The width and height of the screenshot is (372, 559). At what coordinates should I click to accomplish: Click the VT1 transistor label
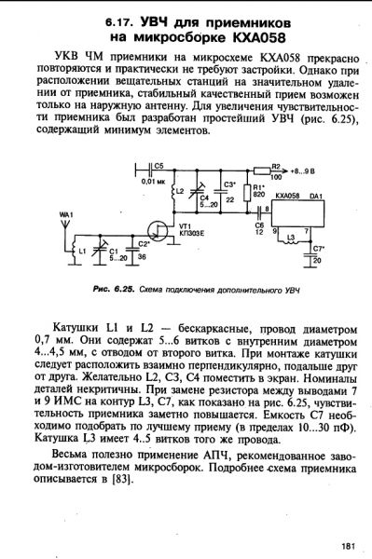[185, 226]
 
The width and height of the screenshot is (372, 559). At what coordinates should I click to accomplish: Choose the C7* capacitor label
[320, 249]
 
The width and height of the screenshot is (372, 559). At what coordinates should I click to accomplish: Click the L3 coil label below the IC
[291, 238]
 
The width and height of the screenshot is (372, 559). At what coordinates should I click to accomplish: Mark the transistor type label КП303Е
[189, 235]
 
